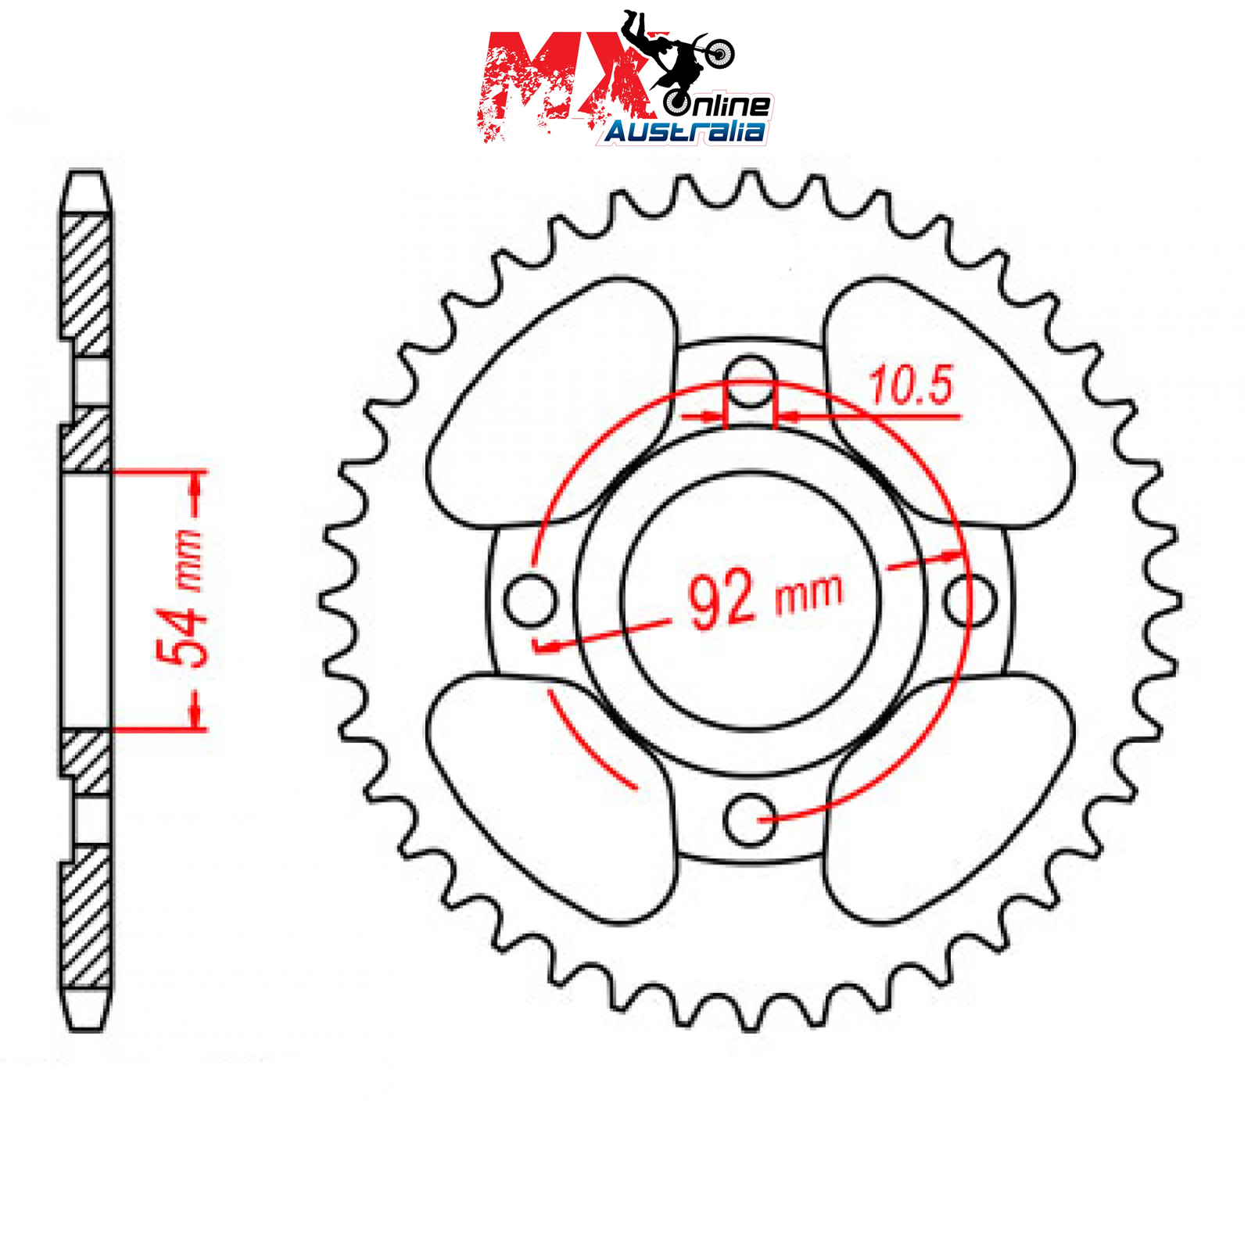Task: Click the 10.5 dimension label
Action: tap(912, 385)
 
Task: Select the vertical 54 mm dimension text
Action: tap(181, 598)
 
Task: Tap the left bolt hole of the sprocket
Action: tap(531, 600)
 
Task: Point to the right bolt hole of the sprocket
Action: tap(970, 600)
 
